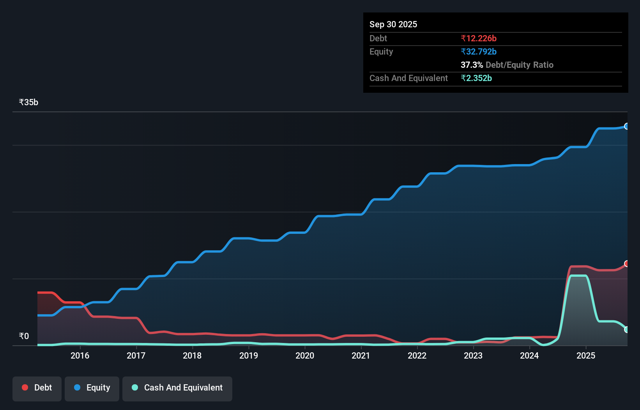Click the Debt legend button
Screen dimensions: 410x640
pos(37,388)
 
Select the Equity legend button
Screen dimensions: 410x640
pos(92,388)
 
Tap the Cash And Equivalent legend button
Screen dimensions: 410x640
pos(177,388)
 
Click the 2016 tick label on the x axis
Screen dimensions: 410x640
pos(80,355)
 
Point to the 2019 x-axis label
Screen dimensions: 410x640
pos(249,355)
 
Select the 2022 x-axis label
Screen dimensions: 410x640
pos(417,355)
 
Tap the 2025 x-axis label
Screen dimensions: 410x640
pos(585,355)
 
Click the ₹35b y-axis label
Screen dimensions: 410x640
pos(28,102)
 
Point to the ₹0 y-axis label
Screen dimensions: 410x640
pos(24,336)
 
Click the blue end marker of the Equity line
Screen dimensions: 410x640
pos(627,126)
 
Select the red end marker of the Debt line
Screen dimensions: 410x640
pos(627,264)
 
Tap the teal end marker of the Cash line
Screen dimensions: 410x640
pos(627,330)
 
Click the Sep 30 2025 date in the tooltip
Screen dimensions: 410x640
pos(393,24)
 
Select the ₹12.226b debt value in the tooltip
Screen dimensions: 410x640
pos(479,38)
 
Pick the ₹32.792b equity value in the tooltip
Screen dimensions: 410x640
pos(479,51)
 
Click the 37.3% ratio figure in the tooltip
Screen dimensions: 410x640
pos(472,65)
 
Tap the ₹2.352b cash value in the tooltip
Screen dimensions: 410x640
pos(476,78)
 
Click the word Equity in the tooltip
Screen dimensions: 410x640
pos(381,51)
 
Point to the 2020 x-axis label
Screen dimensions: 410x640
pos(305,355)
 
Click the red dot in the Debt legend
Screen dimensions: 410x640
pos(25,387)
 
